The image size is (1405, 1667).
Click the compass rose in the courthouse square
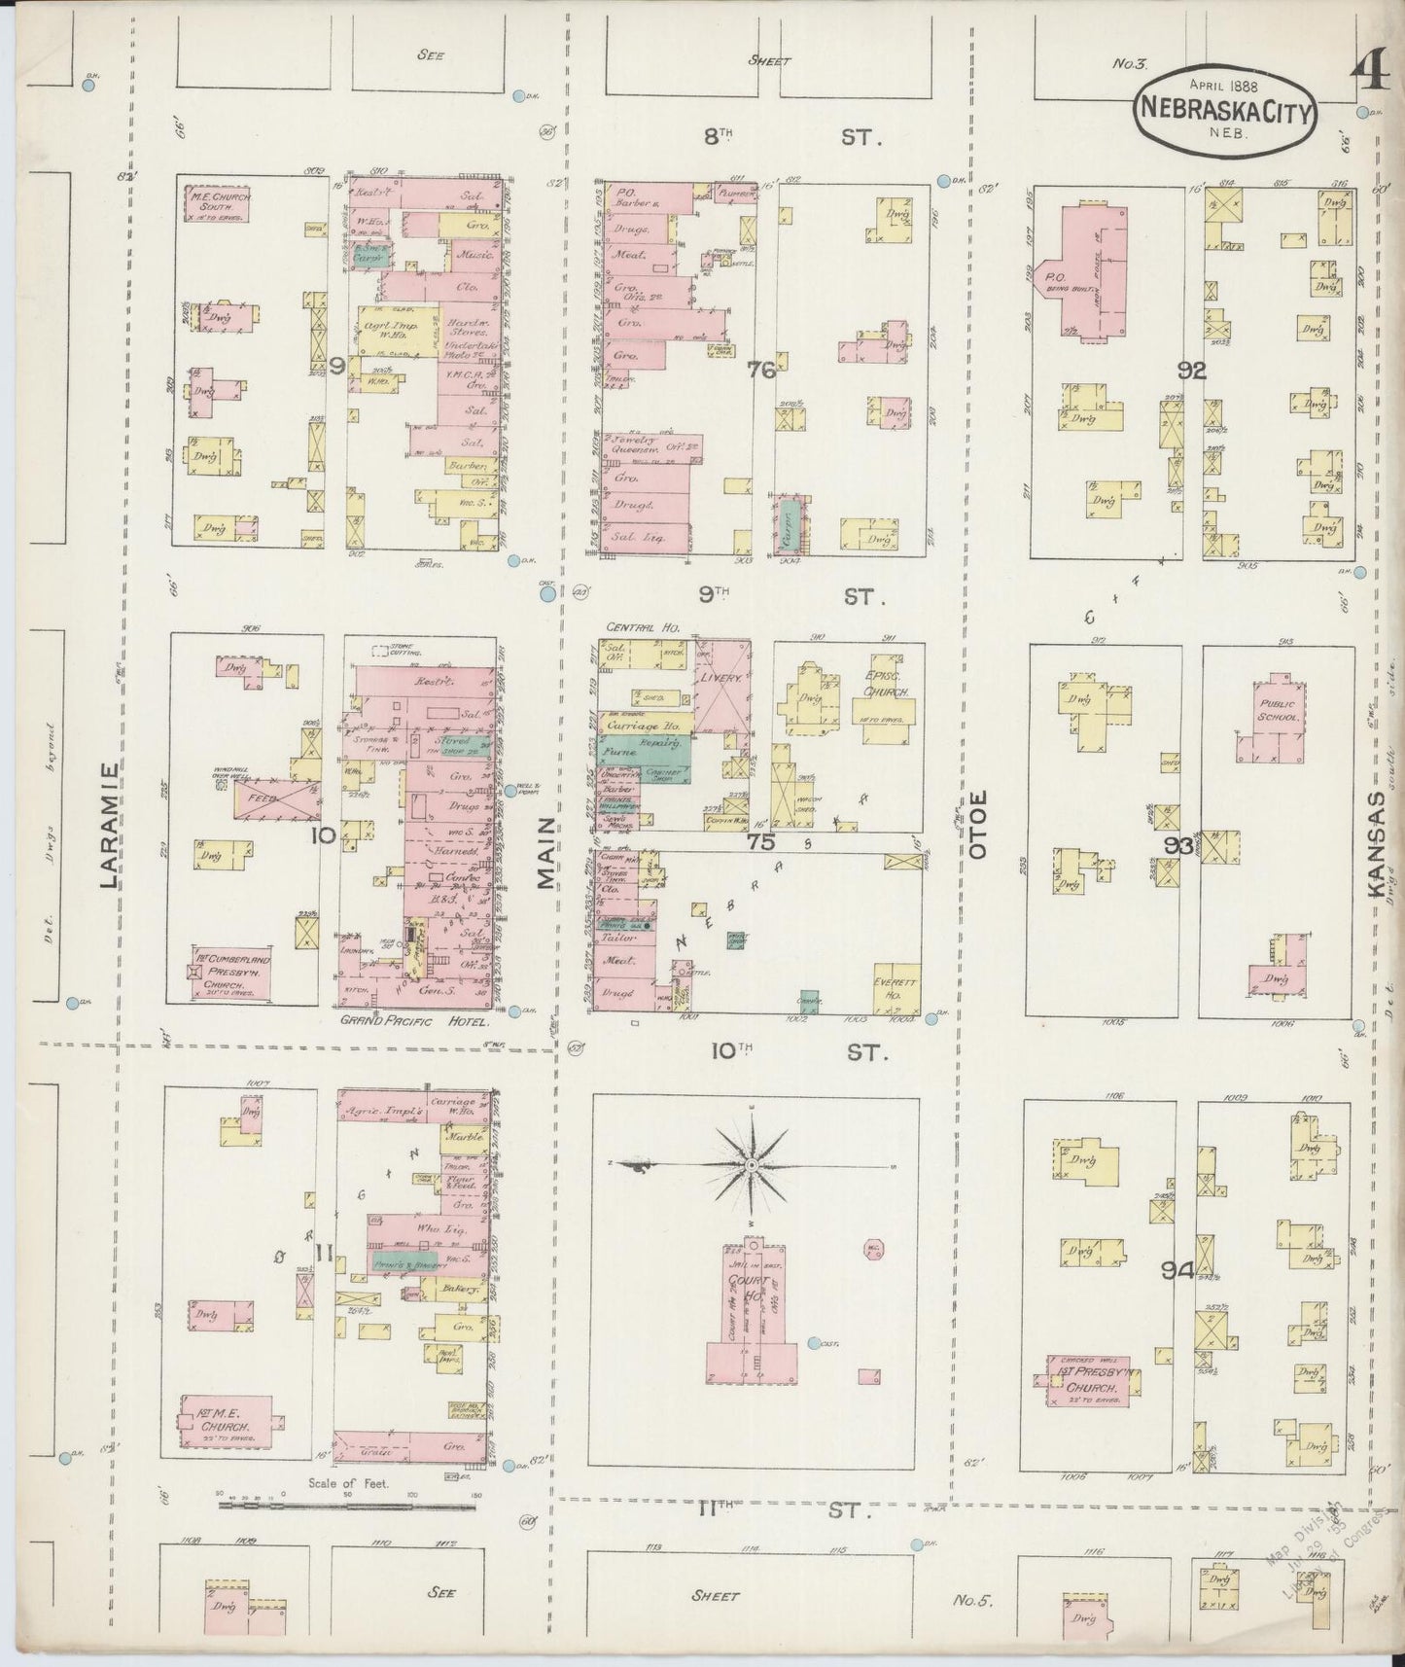[x=752, y=1164]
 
